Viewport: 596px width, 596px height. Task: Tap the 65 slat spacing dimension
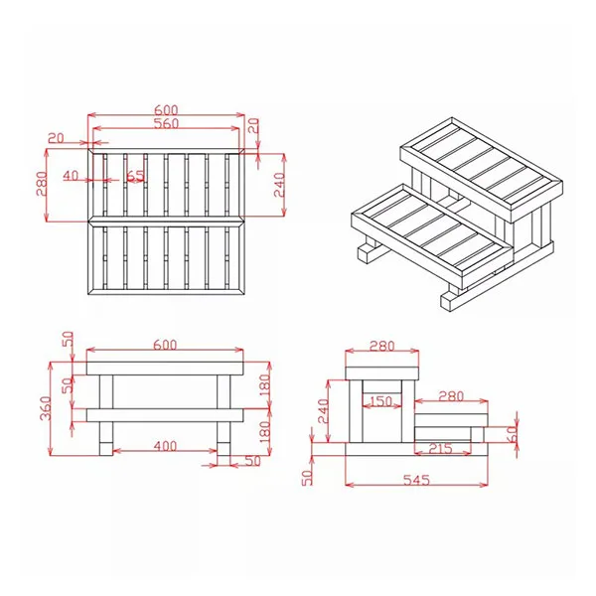coord(135,176)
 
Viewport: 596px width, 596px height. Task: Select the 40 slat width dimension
coord(71,176)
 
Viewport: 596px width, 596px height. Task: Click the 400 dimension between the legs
coord(165,446)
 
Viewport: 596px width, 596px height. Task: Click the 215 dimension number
coord(440,449)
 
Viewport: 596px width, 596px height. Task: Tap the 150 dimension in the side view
coord(378,400)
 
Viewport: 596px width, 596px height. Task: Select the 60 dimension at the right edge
coord(513,434)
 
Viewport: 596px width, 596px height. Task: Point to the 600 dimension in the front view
coord(165,345)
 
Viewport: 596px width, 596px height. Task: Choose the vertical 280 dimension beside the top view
coord(41,185)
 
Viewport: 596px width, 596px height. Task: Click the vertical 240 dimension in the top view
coord(279,185)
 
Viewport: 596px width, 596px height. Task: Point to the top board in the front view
coord(165,368)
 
